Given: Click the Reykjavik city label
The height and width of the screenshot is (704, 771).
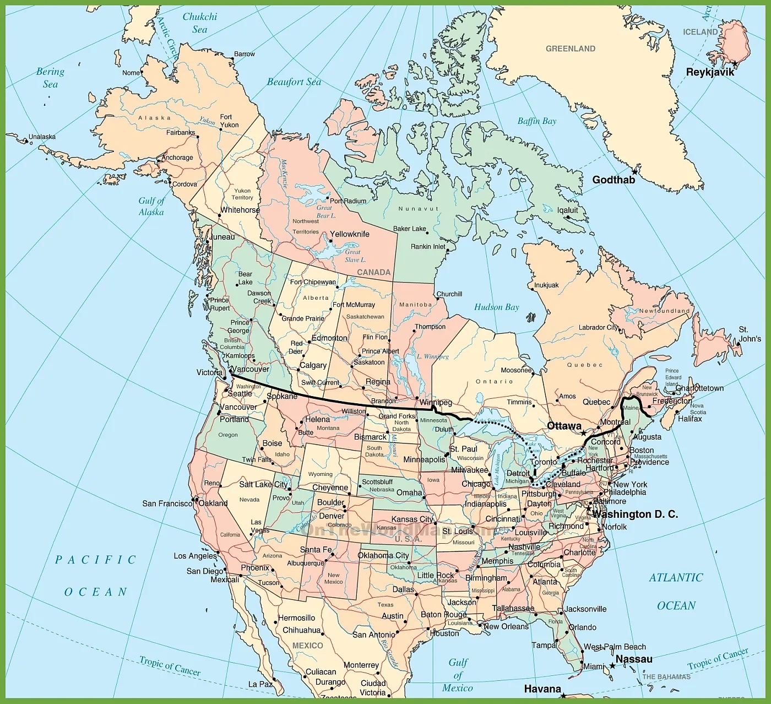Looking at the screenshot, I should click(710, 72).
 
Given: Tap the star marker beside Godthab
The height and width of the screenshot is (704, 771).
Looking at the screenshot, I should click(635, 171).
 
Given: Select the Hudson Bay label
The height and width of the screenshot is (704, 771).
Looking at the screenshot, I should click(497, 307).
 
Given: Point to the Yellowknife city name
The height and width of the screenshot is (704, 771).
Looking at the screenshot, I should click(349, 234).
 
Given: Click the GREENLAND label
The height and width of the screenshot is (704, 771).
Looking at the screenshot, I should click(571, 48).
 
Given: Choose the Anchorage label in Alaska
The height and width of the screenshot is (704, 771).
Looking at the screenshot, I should click(177, 158).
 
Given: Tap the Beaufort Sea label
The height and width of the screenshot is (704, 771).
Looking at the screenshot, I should click(294, 82).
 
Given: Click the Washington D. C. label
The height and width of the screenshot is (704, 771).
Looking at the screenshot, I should click(635, 514).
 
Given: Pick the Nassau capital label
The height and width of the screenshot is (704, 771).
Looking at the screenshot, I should click(634, 659).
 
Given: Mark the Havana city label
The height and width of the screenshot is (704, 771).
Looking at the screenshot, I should click(542, 689).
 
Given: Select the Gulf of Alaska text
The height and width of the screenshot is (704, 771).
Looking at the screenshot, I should click(151, 206).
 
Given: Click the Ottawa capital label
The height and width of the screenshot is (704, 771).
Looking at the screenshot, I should click(564, 426).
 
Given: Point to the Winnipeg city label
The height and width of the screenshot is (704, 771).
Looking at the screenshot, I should click(436, 403).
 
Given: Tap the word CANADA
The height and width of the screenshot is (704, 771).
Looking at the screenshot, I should click(374, 272).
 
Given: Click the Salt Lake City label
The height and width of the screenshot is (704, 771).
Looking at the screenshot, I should click(263, 484).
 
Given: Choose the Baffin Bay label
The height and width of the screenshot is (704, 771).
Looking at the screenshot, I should click(537, 121).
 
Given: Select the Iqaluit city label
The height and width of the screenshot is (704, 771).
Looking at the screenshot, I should click(568, 210).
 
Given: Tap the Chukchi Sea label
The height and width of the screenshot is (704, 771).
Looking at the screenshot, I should click(199, 23).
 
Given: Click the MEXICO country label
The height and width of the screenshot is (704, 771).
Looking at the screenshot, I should click(307, 646).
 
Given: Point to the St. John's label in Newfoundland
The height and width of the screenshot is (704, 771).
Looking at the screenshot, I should click(750, 334).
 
